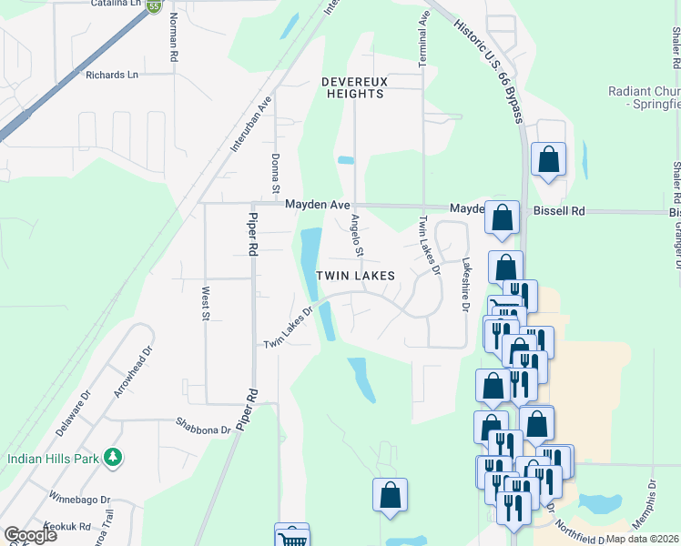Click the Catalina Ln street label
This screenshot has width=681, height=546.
coord(117,4)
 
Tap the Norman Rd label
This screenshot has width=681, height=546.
coord(171,41)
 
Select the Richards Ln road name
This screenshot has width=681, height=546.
coord(112,76)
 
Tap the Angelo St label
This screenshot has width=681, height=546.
coord(358,235)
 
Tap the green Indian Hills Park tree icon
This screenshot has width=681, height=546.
coord(112,457)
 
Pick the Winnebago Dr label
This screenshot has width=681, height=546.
coord(79,499)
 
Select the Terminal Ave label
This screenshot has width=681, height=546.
coord(423,43)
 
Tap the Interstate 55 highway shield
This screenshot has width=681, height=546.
coord(154,5)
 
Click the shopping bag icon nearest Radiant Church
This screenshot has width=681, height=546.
coord(548,158)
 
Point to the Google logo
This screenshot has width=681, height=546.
coord(30,534)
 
